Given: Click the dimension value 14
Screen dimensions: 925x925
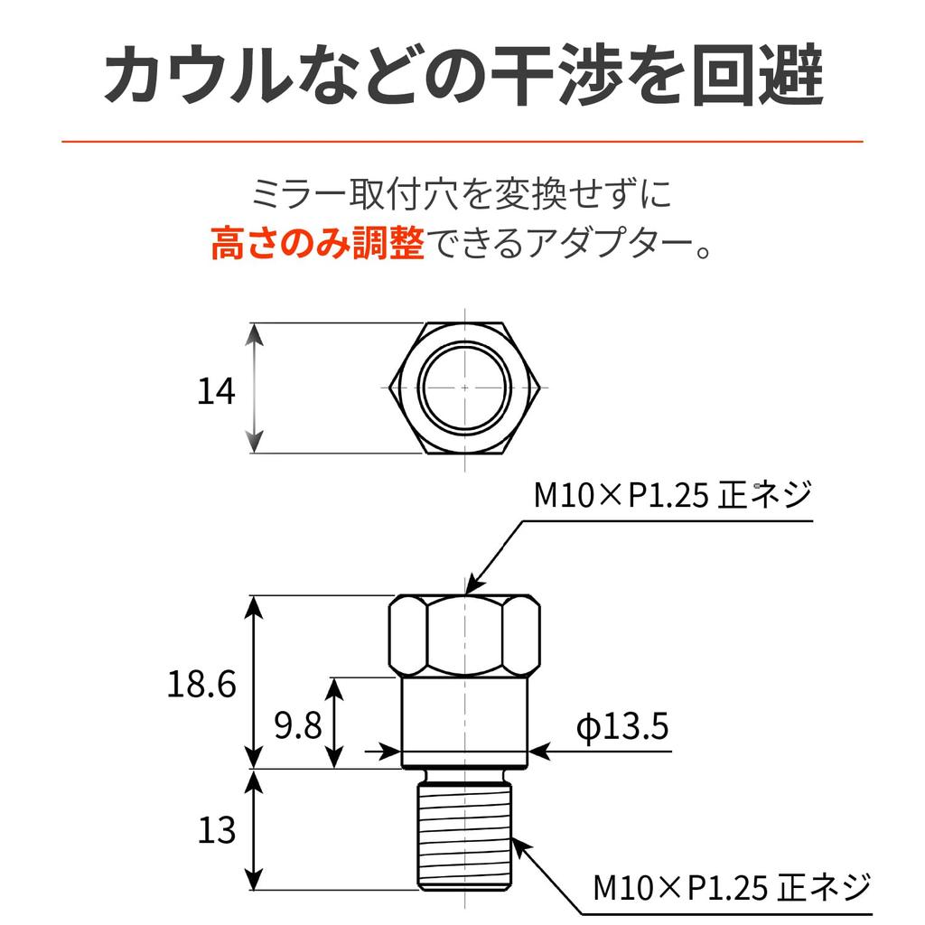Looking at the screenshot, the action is (x=216, y=390).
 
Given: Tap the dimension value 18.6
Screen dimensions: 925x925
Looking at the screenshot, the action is (x=201, y=685).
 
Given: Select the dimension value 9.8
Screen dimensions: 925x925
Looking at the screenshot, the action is (x=298, y=725).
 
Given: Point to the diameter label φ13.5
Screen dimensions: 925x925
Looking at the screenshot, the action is (x=622, y=726).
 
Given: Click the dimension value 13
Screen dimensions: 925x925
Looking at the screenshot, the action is (x=217, y=830).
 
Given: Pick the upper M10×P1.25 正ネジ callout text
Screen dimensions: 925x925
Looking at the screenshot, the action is (x=673, y=494).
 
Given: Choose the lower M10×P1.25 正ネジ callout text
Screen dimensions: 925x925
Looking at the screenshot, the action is (x=732, y=887).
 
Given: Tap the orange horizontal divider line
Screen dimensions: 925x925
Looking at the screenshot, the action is (x=462, y=142).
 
